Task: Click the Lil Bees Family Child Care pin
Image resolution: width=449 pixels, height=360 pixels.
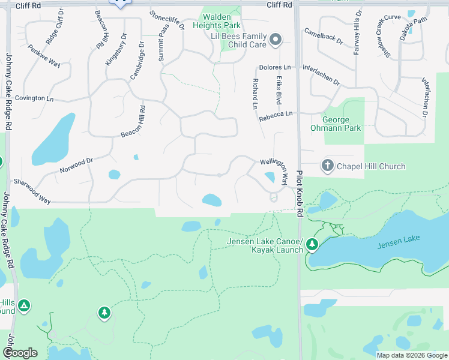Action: tap(276, 40)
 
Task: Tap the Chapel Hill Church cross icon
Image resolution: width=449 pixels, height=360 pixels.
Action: tap(328, 166)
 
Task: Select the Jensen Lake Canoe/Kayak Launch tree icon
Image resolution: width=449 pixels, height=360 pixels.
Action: tap(312, 244)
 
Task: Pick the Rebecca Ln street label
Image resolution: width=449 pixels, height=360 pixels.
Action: tap(276, 116)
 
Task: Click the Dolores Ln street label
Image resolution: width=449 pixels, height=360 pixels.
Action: tap(275, 68)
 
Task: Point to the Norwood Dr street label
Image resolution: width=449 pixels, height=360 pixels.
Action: tap(76, 166)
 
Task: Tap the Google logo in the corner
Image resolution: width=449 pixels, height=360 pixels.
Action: tap(20, 353)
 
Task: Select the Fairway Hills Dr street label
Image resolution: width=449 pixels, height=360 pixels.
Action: tap(358, 32)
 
